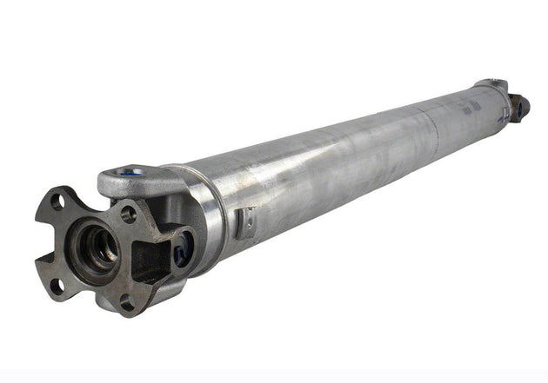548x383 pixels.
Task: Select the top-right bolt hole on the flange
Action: (128, 213)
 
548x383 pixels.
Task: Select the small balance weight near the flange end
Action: (248, 222)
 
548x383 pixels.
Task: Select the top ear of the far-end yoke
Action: (491, 83)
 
